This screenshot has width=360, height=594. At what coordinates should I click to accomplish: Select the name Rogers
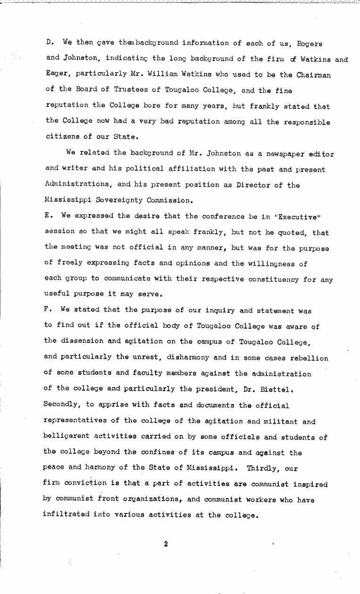310,44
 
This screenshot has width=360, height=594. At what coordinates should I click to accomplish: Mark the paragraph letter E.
48,215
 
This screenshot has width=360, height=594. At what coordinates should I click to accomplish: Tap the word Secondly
62,404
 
